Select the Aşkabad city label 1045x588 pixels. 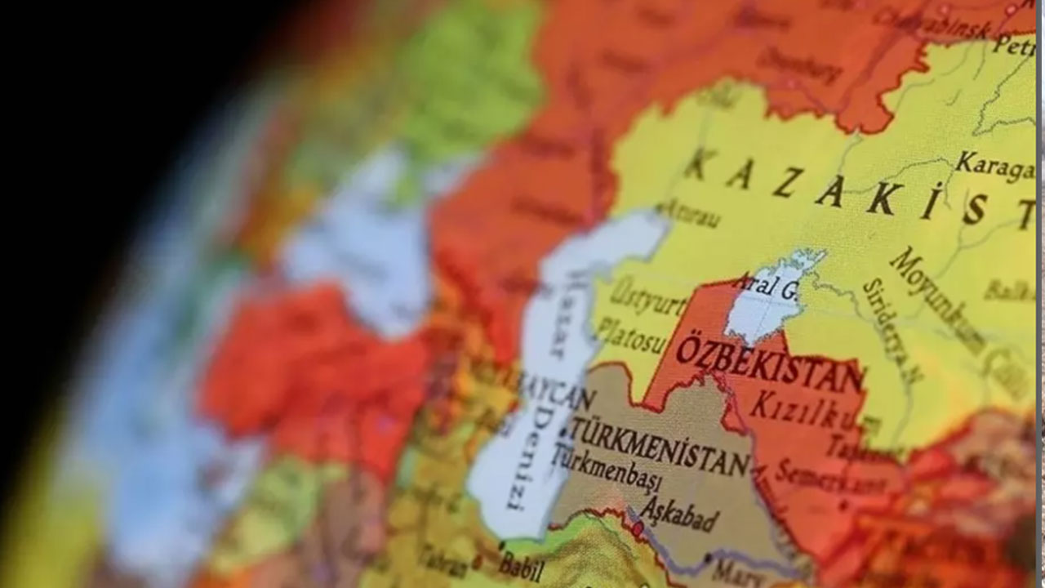(678, 513)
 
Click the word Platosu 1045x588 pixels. (630, 334)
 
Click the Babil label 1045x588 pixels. (521, 563)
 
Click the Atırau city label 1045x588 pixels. (691, 214)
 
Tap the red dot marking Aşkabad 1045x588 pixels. (638, 528)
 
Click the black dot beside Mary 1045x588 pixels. (708, 559)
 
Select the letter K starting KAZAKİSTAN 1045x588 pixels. (700, 163)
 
